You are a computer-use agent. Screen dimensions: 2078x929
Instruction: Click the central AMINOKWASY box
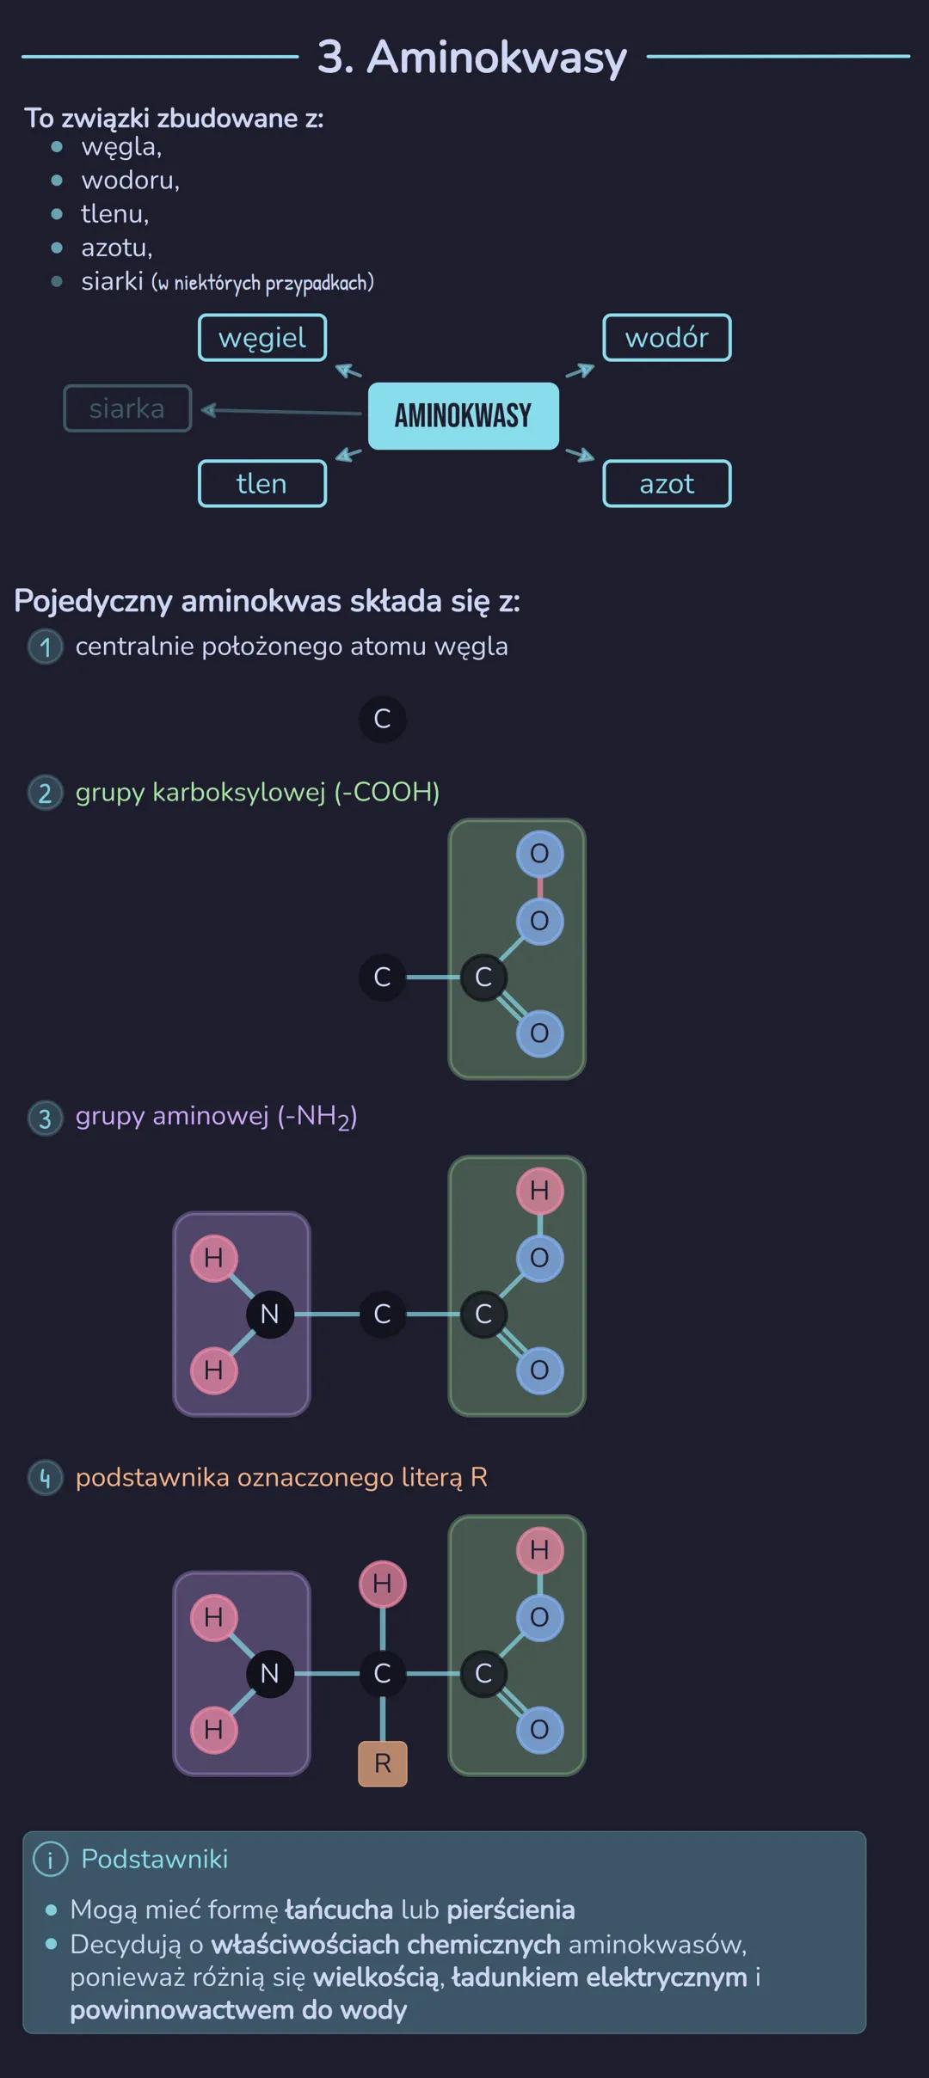tap(463, 416)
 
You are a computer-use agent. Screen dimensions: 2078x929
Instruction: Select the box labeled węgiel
tap(262, 338)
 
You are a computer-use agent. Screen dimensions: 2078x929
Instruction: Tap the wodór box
tap(667, 338)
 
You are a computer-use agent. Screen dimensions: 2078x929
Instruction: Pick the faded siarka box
tap(127, 408)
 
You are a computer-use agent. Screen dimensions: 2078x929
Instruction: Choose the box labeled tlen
tap(262, 484)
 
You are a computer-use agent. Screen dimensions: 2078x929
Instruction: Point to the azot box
tap(667, 484)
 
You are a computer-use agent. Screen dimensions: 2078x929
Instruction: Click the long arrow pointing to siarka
tap(280, 412)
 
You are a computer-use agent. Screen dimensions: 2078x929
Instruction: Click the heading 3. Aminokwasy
tap(471, 58)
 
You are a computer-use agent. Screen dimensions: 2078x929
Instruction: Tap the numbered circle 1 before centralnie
tap(46, 647)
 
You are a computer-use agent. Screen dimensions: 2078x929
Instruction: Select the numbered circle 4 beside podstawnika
tap(46, 1478)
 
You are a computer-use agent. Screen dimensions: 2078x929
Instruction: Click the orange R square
tap(383, 1764)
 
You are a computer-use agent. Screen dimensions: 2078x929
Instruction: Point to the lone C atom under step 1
tap(383, 719)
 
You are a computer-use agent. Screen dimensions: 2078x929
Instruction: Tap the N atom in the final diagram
tap(269, 1673)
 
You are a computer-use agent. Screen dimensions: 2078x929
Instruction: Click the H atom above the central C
tap(383, 1584)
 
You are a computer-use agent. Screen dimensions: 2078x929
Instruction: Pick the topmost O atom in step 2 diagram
tap(539, 854)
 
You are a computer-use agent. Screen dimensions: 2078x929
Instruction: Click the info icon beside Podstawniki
tap(50, 1860)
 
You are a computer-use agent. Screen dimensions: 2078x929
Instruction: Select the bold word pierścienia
tap(510, 1909)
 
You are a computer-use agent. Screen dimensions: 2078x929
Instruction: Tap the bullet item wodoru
tap(130, 181)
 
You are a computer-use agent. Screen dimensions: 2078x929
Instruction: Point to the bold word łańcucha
tap(339, 1909)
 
